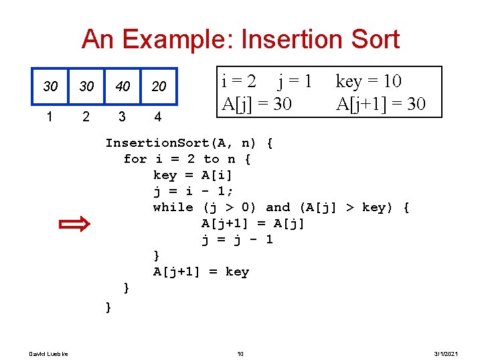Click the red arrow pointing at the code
[74, 224]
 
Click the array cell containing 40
[122, 87]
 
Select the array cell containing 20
[159, 87]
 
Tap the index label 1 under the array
[50, 117]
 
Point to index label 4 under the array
[157, 117]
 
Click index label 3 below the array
[121, 117]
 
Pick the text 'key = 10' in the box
[368, 82]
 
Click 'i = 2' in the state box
[238, 82]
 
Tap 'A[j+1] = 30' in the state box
[380, 104]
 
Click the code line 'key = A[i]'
[193, 175]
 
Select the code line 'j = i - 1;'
[193, 191]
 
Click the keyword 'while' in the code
[173, 207]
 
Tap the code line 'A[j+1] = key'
[201, 271]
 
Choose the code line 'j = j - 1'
[237, 239]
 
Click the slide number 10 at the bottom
[240, 353]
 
